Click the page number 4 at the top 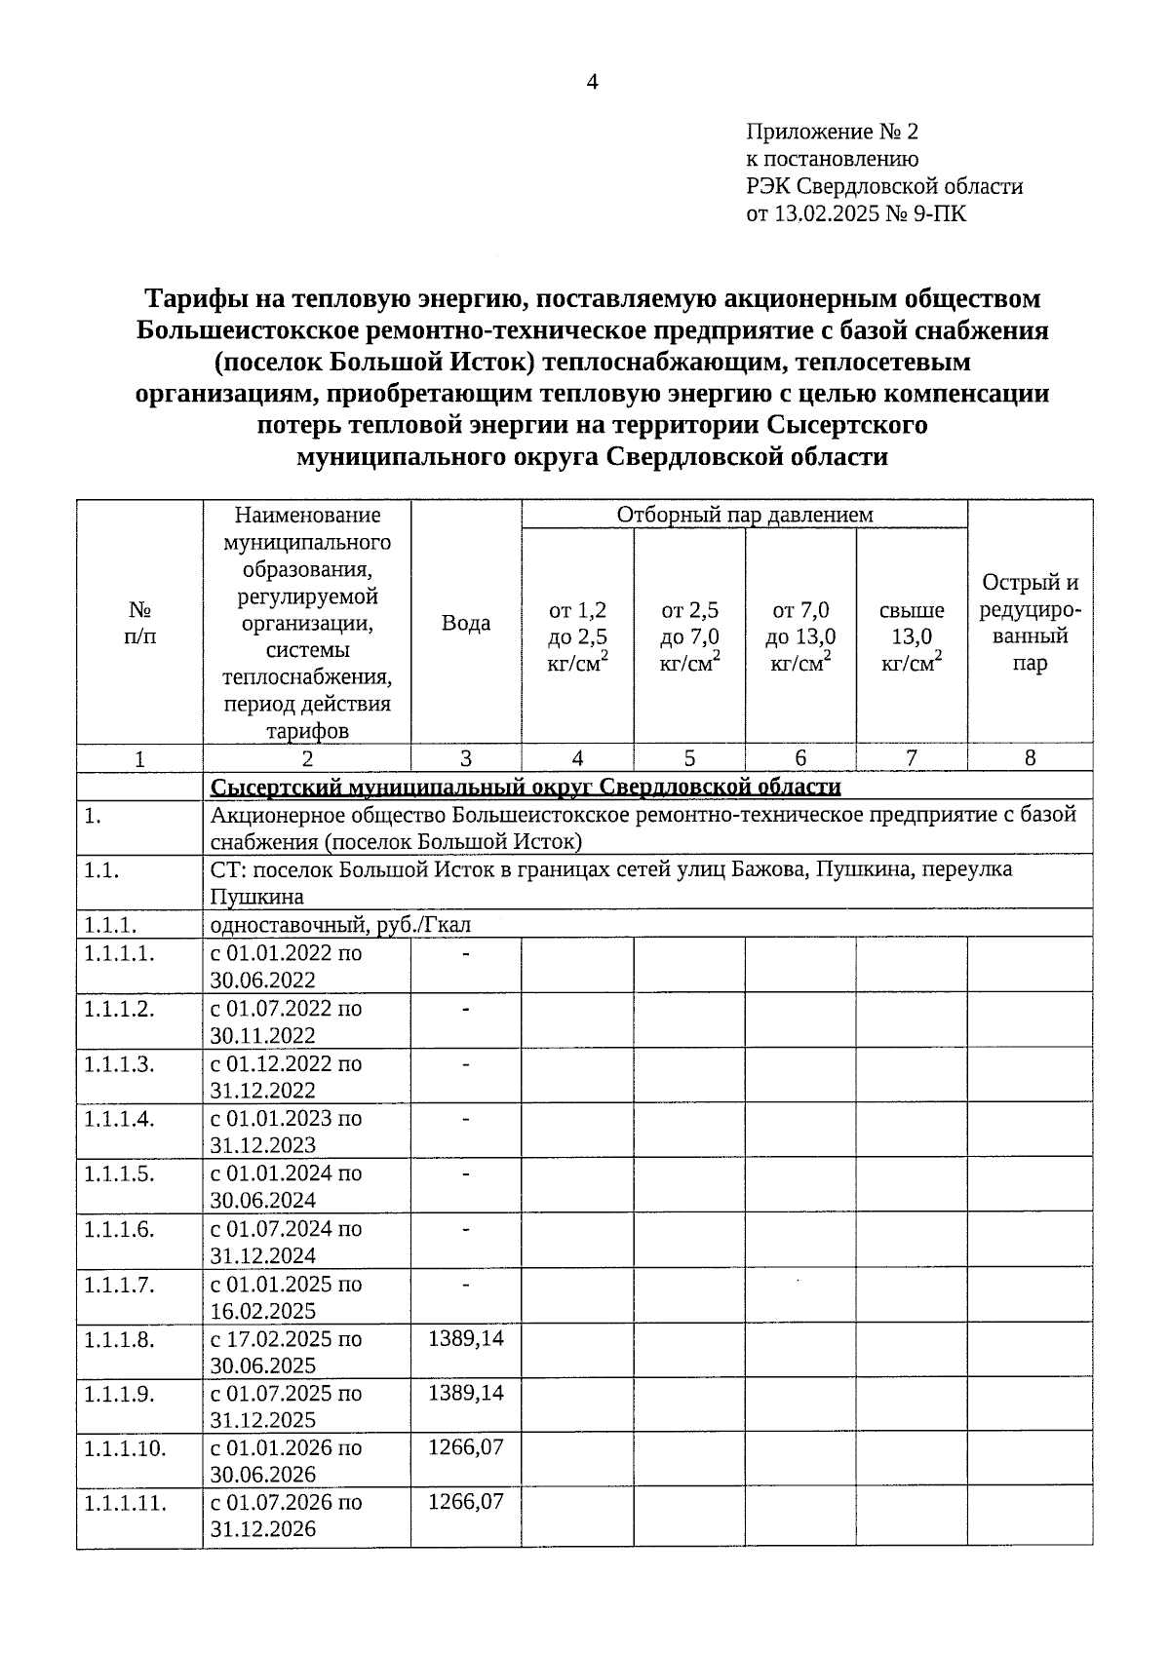coord(591,82)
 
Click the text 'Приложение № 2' coord(832,132)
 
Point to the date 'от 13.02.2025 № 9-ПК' coord(856,213)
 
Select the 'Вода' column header coord(466,623)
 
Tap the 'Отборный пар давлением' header coord(744,515)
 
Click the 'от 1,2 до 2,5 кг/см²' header coord(578,636)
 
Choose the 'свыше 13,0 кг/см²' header coord(912,636)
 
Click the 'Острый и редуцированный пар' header coord(1030,623)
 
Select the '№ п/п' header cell coord(139,623)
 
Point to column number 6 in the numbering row coord(800,758)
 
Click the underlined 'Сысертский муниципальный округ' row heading coord(526,787)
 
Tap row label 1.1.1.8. coord(119,1339)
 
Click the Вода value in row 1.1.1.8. coord(466,1338)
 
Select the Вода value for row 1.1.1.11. coord(466,1502)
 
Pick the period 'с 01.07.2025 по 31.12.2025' coord(286,1406)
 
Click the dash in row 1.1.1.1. coord(466,953)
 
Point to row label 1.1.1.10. coord(125,1448)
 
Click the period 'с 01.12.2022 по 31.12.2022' coord(286,1076)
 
